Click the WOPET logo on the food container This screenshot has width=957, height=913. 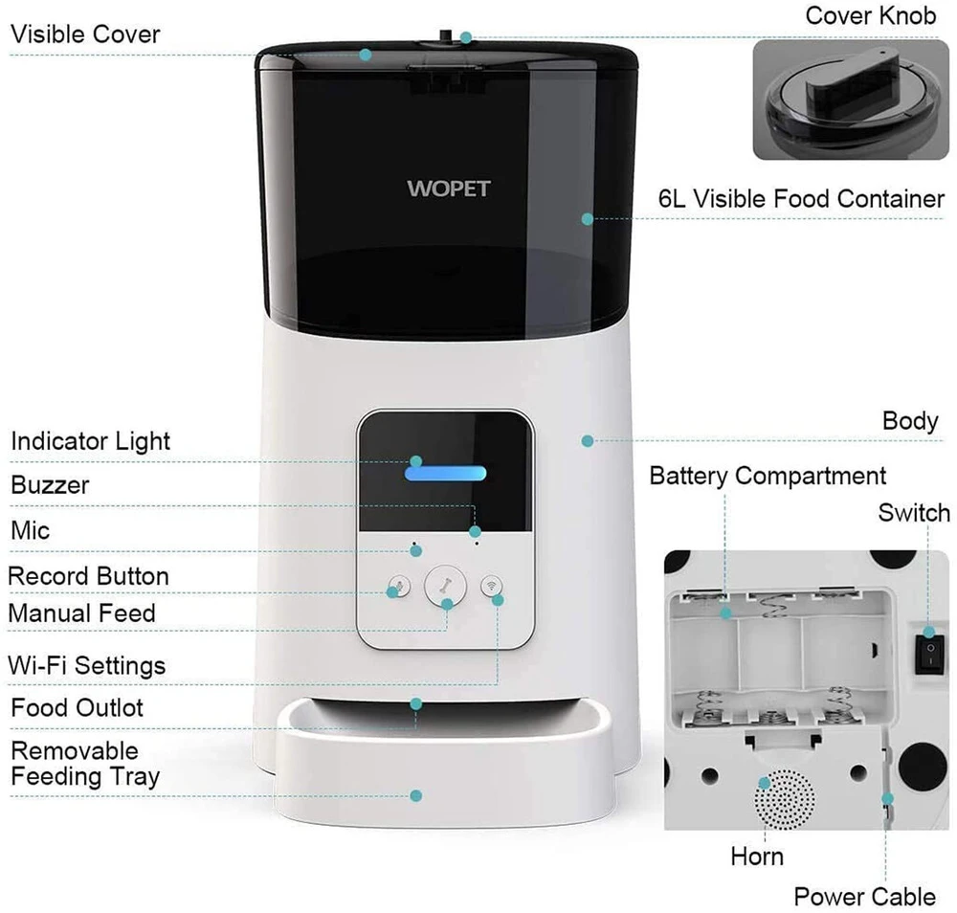[x=449, y=188]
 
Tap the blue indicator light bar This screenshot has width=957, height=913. [x=446, y=473]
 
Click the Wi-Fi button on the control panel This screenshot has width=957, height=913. [x=491, y=586]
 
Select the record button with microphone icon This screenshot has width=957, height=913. [x=399, y=587]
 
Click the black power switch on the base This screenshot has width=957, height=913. [x=929, y=654]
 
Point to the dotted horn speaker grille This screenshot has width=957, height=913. [x=785, y=799]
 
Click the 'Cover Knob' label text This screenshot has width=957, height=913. [x=870, y=16]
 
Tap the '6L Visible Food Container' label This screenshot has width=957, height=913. [x=801, y=199]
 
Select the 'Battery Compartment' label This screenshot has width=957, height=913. [x=768, y=476]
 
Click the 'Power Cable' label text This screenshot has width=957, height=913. [x=865, y=897]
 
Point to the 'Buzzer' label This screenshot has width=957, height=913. [x=50, y=485]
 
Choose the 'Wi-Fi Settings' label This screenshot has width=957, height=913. [x=87, y=665]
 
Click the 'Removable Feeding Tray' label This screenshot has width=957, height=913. [x=85, y=764]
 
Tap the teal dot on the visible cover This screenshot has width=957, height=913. [x=366, y=55]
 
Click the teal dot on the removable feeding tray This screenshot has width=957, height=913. [x=416, y=796]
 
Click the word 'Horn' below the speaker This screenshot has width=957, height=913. [x=757, y=857]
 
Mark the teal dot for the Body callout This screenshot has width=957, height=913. [x=588, y=440]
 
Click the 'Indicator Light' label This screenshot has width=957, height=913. [x=90, y=441]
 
